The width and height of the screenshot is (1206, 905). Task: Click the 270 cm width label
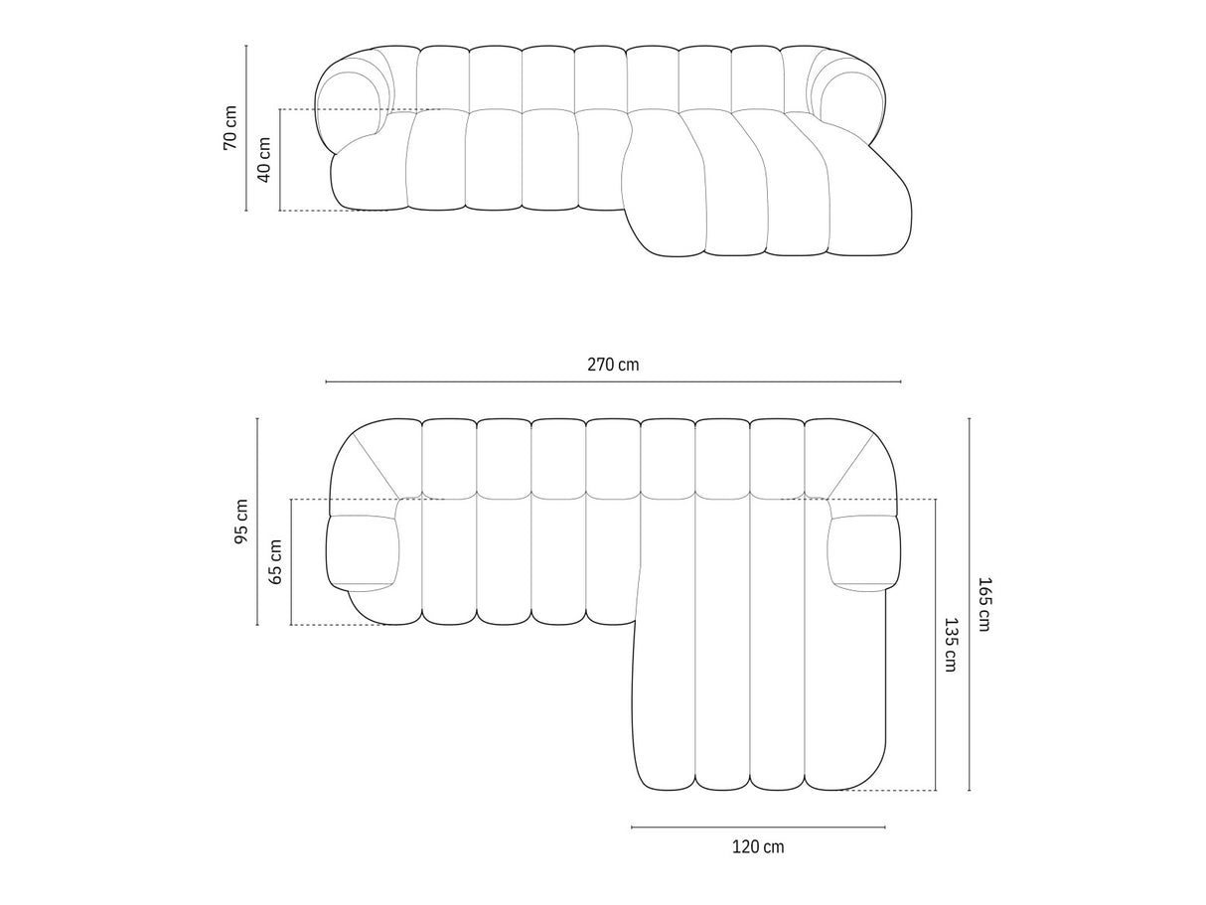pyautogui.click(x=613, y=365)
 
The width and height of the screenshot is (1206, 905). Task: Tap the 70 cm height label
pyautogui.click(x=229, y=127)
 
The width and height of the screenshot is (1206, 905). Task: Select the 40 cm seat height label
pyautogui.click(x=263, y=160)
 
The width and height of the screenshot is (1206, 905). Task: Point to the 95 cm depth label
pyautogui.click(x=241, y=522)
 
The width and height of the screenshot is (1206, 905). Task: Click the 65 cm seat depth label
pyautogui.click(x=275, y=561)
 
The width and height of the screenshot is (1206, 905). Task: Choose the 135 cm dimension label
pyautogui.click(x=951, y=645)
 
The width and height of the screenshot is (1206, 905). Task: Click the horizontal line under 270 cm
pyautogui.click(x=613, y=381)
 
